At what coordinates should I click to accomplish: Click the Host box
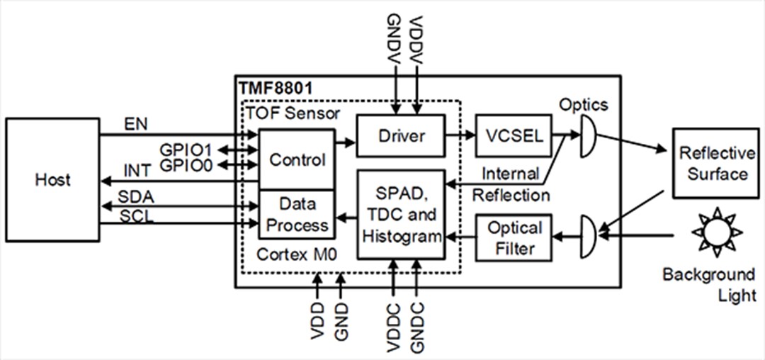[x=52, y=179]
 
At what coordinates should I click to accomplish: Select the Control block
[x=296, y=159]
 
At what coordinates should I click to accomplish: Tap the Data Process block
[x=296, y=215]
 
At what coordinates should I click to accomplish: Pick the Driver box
[x=400, y=135]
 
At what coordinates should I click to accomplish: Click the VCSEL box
[x=514, y=135]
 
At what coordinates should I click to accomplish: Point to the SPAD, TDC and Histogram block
[x=401, y=214]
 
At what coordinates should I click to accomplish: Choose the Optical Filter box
[x=514, y=238]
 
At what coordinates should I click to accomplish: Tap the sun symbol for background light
[x=716, y=232]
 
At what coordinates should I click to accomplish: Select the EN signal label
[x=134, y=123]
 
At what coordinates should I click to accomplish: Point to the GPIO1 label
[x=186, y=150]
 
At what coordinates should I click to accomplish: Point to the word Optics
[x=583, y=104]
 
